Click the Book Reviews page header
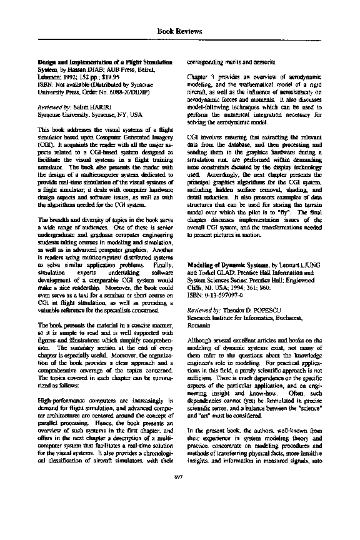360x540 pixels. [179, 29]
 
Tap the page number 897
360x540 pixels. [179, 512]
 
